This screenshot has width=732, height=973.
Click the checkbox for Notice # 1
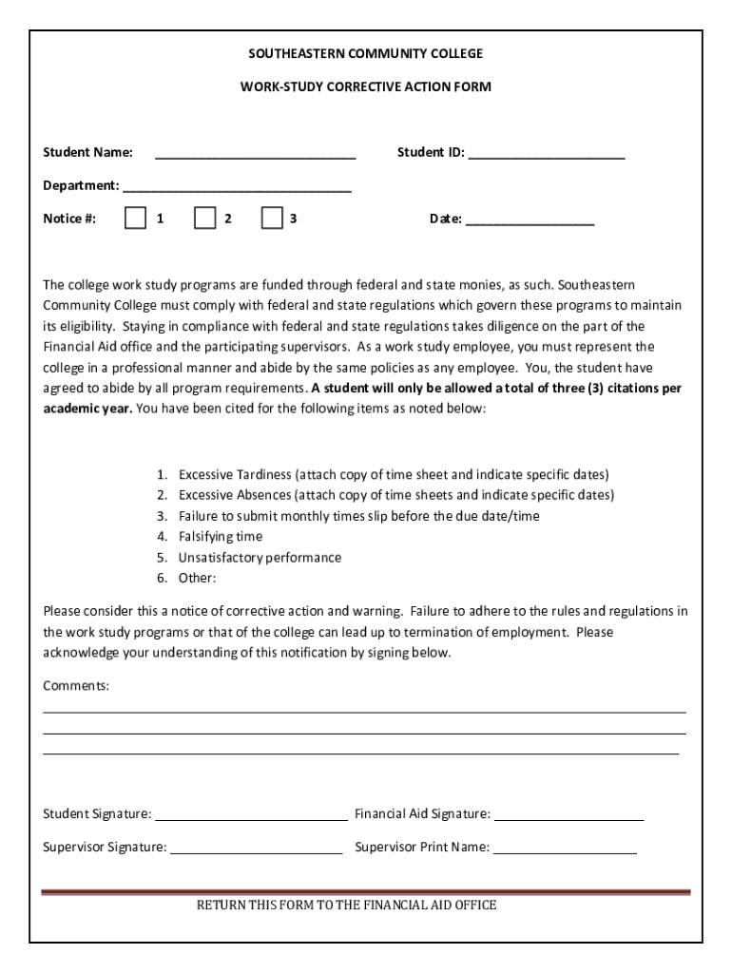click(135, 219)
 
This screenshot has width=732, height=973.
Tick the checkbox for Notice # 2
click(204, 219)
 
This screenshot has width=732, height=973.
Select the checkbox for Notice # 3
click(272, 219)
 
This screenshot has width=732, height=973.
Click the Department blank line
click(237, 186)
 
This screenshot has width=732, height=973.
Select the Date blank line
click(530, 219)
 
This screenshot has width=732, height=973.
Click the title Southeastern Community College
click(366, 53)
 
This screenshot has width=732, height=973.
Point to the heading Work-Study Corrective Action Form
click(366, 86)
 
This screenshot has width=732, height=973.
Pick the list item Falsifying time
click(221, 537)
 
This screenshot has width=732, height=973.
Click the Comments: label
click(76, 685)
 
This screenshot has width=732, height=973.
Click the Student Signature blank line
click(251, 815)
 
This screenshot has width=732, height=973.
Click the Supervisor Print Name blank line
click(565, 849)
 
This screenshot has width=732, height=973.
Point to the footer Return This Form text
click(346, 906)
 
